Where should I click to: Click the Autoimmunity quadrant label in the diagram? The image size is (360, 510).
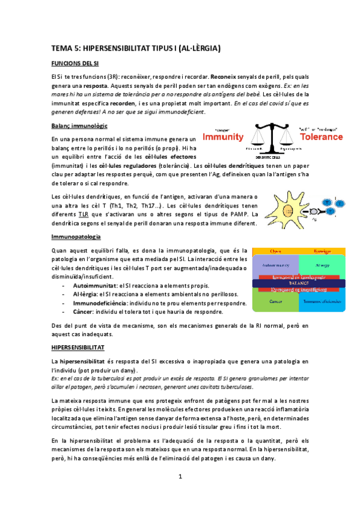(x=273, y=263)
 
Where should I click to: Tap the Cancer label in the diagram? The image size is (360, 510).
(x=276, y=301)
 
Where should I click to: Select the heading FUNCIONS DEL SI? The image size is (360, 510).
(x=71, y=63)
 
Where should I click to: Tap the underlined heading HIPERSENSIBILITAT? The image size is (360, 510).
(x=78, y=348)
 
